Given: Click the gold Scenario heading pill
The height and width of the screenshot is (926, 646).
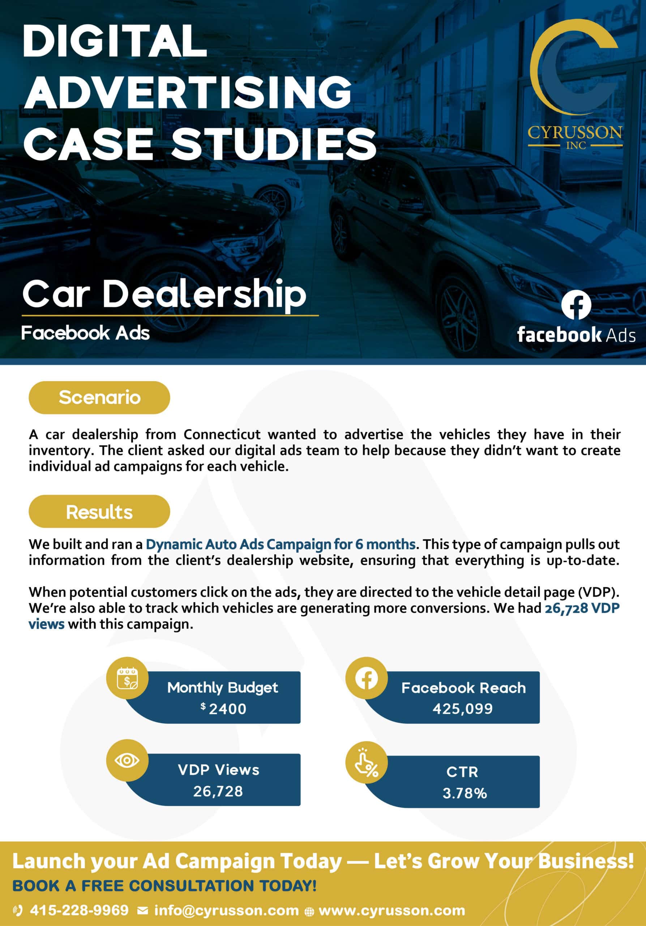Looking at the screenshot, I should pyautogui.click(x=99, y=398).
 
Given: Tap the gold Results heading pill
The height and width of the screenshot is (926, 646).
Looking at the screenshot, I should pyautogui.click(x=99, y=512).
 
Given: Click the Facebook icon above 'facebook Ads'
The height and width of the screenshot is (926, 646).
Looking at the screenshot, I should pyautogui.click(x=576, y=305).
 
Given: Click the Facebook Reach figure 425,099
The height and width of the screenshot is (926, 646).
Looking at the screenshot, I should pyautogui.click(x=463, y=709).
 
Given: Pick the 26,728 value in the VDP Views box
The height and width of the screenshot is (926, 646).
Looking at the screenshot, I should pyautogui.click(x=218, y=791).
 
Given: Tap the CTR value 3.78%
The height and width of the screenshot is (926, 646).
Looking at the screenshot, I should pyautogui.click(x=465, y=793).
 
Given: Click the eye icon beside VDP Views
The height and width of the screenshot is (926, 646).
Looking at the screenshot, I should pyautogui.click(x=127, y=761).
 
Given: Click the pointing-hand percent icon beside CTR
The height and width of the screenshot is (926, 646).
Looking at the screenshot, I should pyautogui.click(x=366, y=763).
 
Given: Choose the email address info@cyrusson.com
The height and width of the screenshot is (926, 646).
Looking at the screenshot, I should pyautogui.click(x=227, y=910).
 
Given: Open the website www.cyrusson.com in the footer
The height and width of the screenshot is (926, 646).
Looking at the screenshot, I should pyautogui.click(x=392, y=910).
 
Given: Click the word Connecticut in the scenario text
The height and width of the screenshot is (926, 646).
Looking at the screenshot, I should pyautogui.click(x=222, y=434).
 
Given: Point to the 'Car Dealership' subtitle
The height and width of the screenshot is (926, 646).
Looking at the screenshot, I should pyautogui.click(x=164, y=294).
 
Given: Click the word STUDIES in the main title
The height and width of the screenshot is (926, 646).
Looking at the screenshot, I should pyautogui.click(x=274, y=144).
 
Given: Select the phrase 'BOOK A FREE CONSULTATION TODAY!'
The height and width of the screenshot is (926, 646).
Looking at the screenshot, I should pyautogui.click(x=164, y=886).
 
